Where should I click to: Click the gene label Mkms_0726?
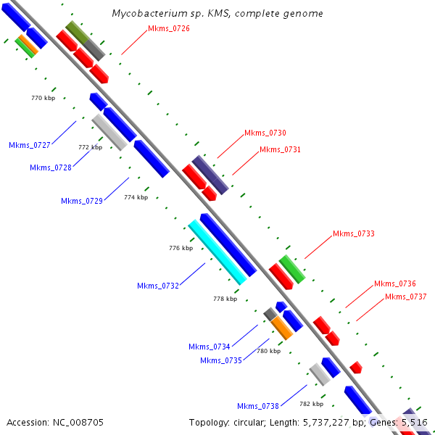click(x=169, y=28)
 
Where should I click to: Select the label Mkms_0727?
click(x=30, y=145)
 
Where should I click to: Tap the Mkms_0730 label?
click(x=265, y=133)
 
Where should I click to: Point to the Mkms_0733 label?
click(x=354, y=233)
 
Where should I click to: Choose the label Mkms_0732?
click(x=158, y=286)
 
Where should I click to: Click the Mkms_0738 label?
click(x=257, y=406)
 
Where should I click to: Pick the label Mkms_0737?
click(x=405, y=297)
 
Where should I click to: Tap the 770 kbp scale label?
click(x=43, y=98)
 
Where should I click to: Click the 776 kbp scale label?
click(x=181, y=248)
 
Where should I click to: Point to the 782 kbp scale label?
click(x=311, y=404)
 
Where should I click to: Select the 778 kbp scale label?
click(x=225, y=299)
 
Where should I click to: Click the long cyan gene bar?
click(x=217, y=252)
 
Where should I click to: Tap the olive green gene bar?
click(x=77, y=33)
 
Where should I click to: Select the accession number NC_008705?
click(x=78, y=423)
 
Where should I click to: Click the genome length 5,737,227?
click(x=326, y=423)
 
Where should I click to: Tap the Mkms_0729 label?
click(x=82, y=201)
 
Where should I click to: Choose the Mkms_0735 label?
click(x=221, y=360)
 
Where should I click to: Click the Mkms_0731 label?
click(x=280, y=149)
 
